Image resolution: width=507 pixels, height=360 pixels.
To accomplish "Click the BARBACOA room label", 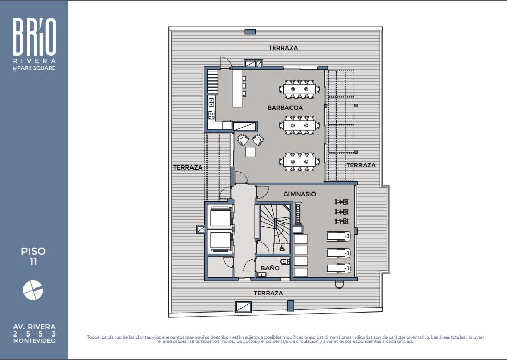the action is [285, 108].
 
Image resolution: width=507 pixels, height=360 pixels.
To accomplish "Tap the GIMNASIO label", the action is [300, 194].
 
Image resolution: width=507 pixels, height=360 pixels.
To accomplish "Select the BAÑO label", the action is [270, 268].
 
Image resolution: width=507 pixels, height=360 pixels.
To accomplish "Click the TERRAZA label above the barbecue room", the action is [283, 48].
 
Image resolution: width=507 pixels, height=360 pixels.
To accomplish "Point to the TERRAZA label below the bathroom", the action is [269, 293].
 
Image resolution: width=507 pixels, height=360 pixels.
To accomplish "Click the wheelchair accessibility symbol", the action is [282, 248].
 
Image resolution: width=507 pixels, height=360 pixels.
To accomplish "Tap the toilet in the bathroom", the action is [285, 261].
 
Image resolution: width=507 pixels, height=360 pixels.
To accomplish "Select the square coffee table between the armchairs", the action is [250, 152].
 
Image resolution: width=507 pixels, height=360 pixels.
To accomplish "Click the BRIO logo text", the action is [35, 37].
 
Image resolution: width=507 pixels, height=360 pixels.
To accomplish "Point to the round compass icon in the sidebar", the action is [33, 290].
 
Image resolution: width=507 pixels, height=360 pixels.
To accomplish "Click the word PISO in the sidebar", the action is [33, 251].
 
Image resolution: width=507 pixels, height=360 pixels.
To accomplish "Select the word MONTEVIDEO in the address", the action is [34, 341].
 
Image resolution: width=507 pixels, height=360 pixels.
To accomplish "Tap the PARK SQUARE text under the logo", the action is [36, 68].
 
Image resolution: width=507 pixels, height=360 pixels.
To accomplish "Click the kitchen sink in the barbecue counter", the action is [211, 102].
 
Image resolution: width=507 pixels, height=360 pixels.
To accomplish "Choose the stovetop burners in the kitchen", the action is [211, 115].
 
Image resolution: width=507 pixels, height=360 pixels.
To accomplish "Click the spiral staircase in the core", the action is [275, 223].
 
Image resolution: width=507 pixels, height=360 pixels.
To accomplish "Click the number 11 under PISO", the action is [33, 261].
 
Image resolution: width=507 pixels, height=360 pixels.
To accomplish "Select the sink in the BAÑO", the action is [261, 275].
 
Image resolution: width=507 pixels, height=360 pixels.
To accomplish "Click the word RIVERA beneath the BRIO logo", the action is [34, 61].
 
